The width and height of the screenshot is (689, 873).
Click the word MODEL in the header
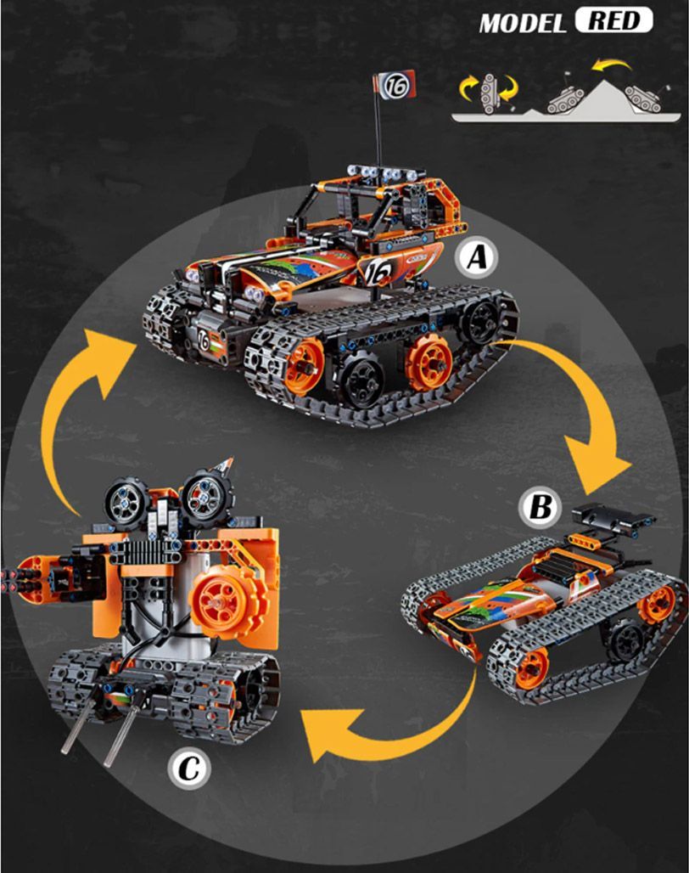tap(522, 24)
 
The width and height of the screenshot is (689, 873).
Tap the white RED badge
tap(614, 20)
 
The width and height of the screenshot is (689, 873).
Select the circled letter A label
tap(477, 258)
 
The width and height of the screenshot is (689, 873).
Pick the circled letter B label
tap(541, 508)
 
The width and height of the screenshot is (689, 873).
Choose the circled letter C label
tap(189, 769)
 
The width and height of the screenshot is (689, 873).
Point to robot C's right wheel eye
tap(205, 497)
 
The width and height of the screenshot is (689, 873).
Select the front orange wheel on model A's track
tap(304, 366)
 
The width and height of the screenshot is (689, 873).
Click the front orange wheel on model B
tap(530, 668)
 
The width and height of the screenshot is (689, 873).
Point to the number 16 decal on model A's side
tap(378, 271)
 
